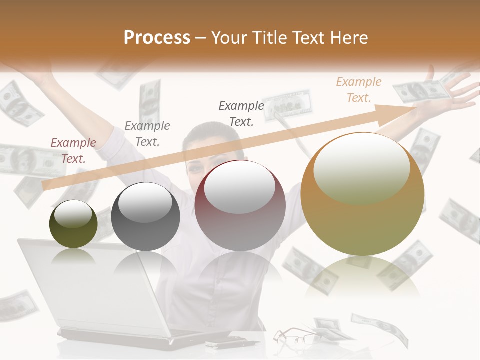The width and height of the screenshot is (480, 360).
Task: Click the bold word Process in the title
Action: [x=157, y=38]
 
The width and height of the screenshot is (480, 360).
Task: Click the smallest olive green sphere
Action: [x=73, y=224]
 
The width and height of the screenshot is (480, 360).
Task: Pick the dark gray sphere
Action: [x=145, y=216]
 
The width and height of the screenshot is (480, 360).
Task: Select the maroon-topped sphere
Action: [x=240, y=205]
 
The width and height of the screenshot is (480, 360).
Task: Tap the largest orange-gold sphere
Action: [x=362, y=194]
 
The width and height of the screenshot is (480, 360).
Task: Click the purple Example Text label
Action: [x=73, y=151]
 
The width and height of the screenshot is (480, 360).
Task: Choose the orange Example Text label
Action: [x=358, y=90]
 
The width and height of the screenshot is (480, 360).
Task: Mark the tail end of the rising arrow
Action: [x=45, y=185]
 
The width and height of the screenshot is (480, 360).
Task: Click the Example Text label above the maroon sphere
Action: [x=241, y=113]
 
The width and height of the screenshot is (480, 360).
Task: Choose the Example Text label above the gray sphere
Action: [x=147, y=134]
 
